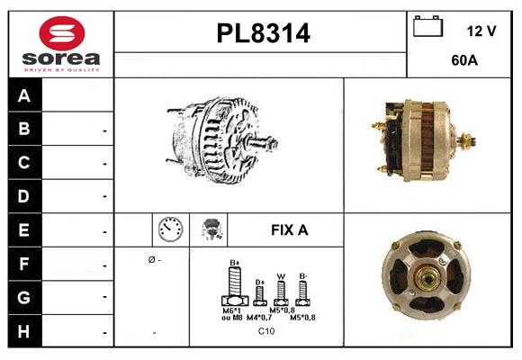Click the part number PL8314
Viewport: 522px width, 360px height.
click(x=262, y=34)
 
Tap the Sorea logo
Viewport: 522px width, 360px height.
click(x=61, y=44)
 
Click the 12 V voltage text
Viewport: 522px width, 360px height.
click(x=481, y=31)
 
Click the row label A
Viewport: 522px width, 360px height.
click(x=24, y=96)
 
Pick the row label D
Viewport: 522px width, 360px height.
click(x=24, y=196)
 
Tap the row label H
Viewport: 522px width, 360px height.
click(x=24, y=330)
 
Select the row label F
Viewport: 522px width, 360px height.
click(x=24, y=265)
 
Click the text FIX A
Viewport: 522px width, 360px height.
click(x=289, y=230)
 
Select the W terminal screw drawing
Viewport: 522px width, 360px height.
click(x=281, y=291)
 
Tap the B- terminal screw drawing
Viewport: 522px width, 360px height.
click(x=302, y=291)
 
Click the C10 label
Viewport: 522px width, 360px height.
click(x=266, y=331)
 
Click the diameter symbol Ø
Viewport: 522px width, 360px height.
click(x=150, y=260)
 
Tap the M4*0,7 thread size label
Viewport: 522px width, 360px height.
click(x=262, y=318)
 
